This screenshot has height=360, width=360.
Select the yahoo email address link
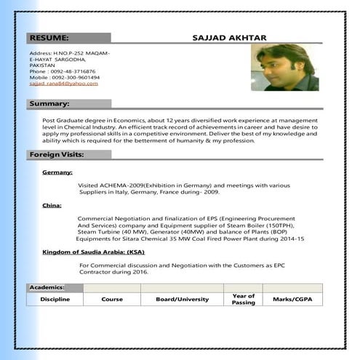[63, 84]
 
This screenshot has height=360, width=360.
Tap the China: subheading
[52, 206]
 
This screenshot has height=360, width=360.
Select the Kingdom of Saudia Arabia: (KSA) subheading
[93, 252]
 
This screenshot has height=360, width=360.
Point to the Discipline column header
[55, 300]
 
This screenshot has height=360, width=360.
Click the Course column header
[112, 300]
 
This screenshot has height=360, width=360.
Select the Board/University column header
[182, 300]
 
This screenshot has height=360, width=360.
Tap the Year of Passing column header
[244, 299]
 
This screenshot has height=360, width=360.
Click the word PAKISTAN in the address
[42, 65]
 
